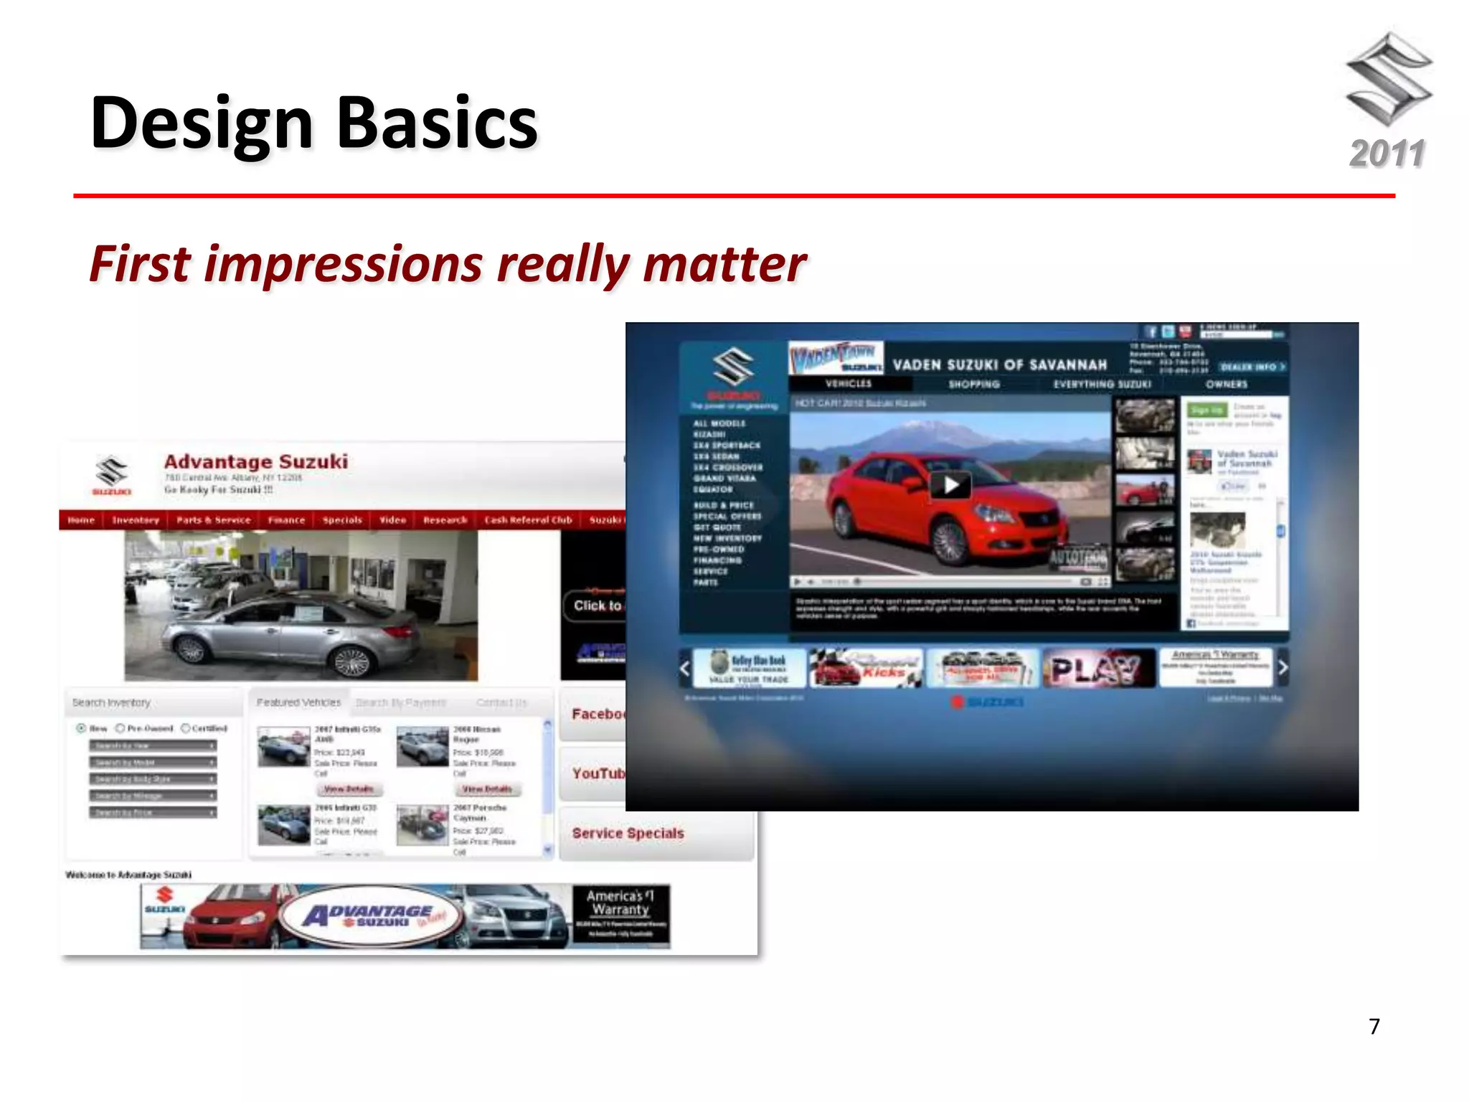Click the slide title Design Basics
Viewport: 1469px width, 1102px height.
313,123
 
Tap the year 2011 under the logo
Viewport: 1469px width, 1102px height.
1387,154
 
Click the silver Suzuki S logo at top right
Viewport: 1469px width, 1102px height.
1389,79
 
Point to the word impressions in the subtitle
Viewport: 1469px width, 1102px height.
343,264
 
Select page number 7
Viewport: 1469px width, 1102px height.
1374,1027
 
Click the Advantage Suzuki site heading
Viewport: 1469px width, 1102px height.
256,461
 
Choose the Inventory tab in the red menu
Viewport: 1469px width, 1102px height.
135,520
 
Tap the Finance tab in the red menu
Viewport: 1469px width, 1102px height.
286,520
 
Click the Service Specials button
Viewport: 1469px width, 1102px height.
628,834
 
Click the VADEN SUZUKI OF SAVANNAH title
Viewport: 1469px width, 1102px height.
999,365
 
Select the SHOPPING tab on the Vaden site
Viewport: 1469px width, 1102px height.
974,385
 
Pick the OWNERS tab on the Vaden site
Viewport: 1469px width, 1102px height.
1226,385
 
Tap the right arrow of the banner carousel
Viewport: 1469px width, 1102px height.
1283,668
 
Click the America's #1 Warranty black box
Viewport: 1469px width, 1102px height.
621,915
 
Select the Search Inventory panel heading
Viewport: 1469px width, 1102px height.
111,702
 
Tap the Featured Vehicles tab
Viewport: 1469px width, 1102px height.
298,702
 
